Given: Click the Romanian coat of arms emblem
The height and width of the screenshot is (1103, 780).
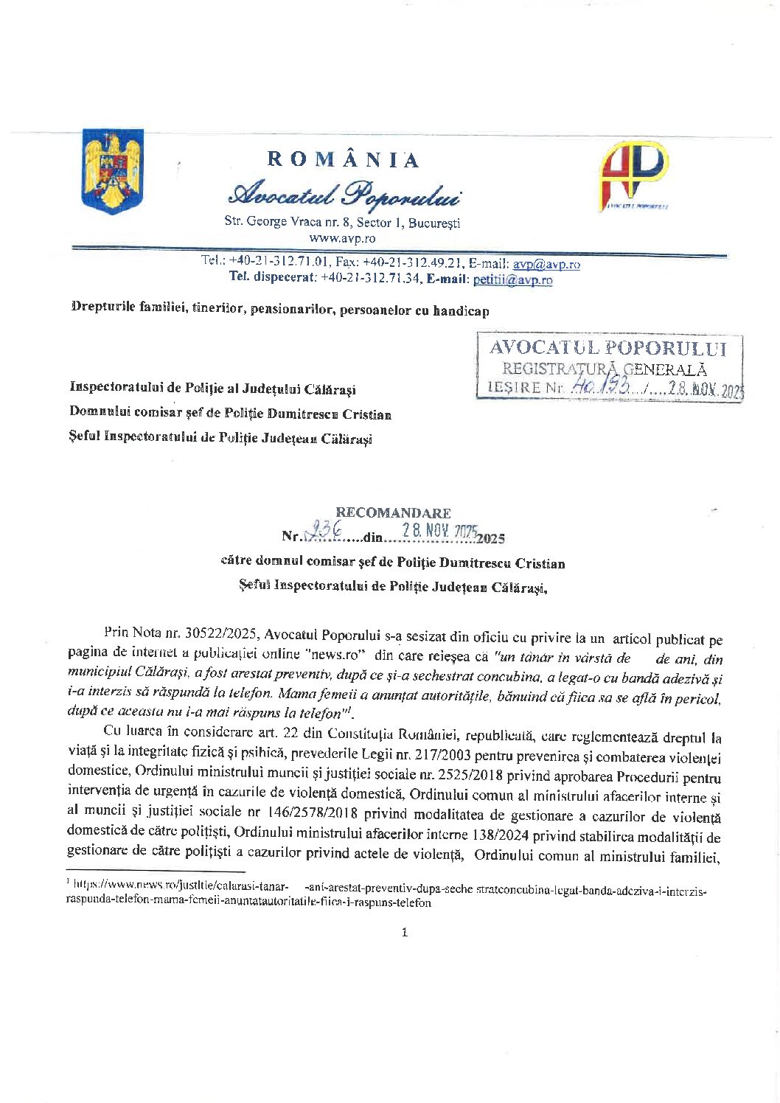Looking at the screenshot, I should click(x=113, y=171).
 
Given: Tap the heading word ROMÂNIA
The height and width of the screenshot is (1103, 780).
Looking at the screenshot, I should click(x=343, y=160).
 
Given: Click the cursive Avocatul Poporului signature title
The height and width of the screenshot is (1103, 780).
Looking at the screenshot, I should click(x=344, y=193).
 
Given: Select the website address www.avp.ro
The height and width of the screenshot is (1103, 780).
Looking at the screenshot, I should click(x=342, y=238).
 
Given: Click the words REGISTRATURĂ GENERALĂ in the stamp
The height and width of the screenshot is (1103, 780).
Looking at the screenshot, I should click(x=605, y=369).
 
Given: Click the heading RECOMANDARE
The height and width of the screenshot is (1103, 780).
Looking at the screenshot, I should click(x=393, y=512).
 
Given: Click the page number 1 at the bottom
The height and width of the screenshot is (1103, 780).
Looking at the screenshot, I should click(x=404, y=933).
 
